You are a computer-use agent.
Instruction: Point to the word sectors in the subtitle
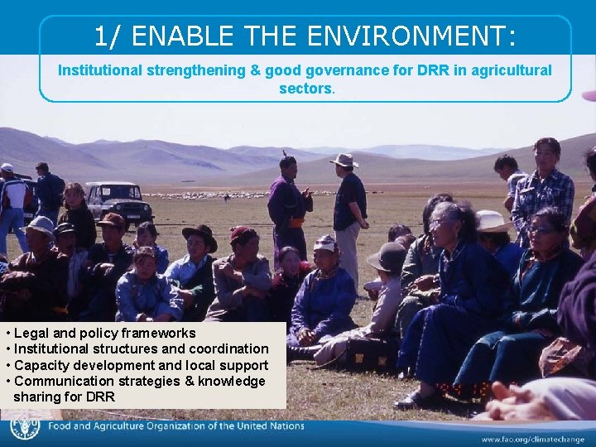pos(305,88)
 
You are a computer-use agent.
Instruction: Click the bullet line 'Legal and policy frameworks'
pos(105,334)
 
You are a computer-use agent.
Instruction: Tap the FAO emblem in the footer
pos(25,427)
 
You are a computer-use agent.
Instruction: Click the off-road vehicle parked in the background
pos(118,201)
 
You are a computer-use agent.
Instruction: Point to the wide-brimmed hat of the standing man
pos(344,160)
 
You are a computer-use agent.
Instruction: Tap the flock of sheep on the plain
pos(207,195)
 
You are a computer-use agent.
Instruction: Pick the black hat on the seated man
pos(199,235)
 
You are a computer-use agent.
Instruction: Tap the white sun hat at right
pos(493,221)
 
